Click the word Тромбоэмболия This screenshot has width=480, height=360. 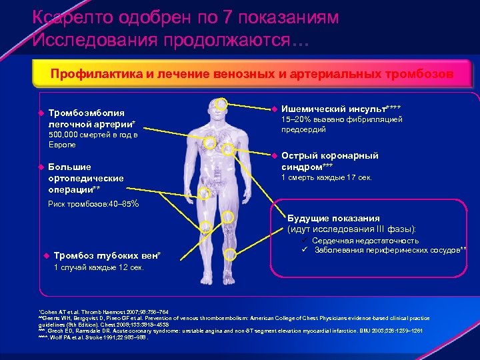point(87,113)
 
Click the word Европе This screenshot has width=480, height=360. point(62,145)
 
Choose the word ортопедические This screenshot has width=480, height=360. point(85,178)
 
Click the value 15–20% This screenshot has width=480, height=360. point(297,119)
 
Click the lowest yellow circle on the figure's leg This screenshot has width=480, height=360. point(230,254)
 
